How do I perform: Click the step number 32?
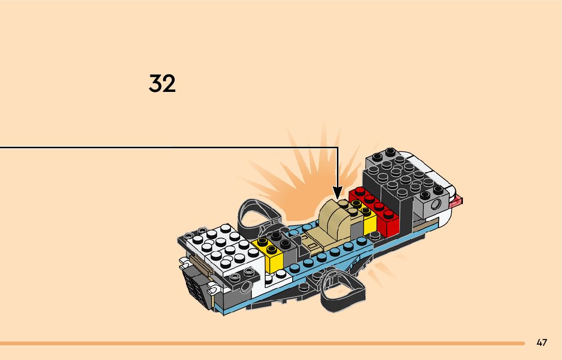[x=162, y=84]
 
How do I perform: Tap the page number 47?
[x=542, y=343]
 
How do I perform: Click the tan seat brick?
[x=336, y=218]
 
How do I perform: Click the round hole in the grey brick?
[x=435, y=206]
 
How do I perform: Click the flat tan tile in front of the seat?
[x=313, y=241]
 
